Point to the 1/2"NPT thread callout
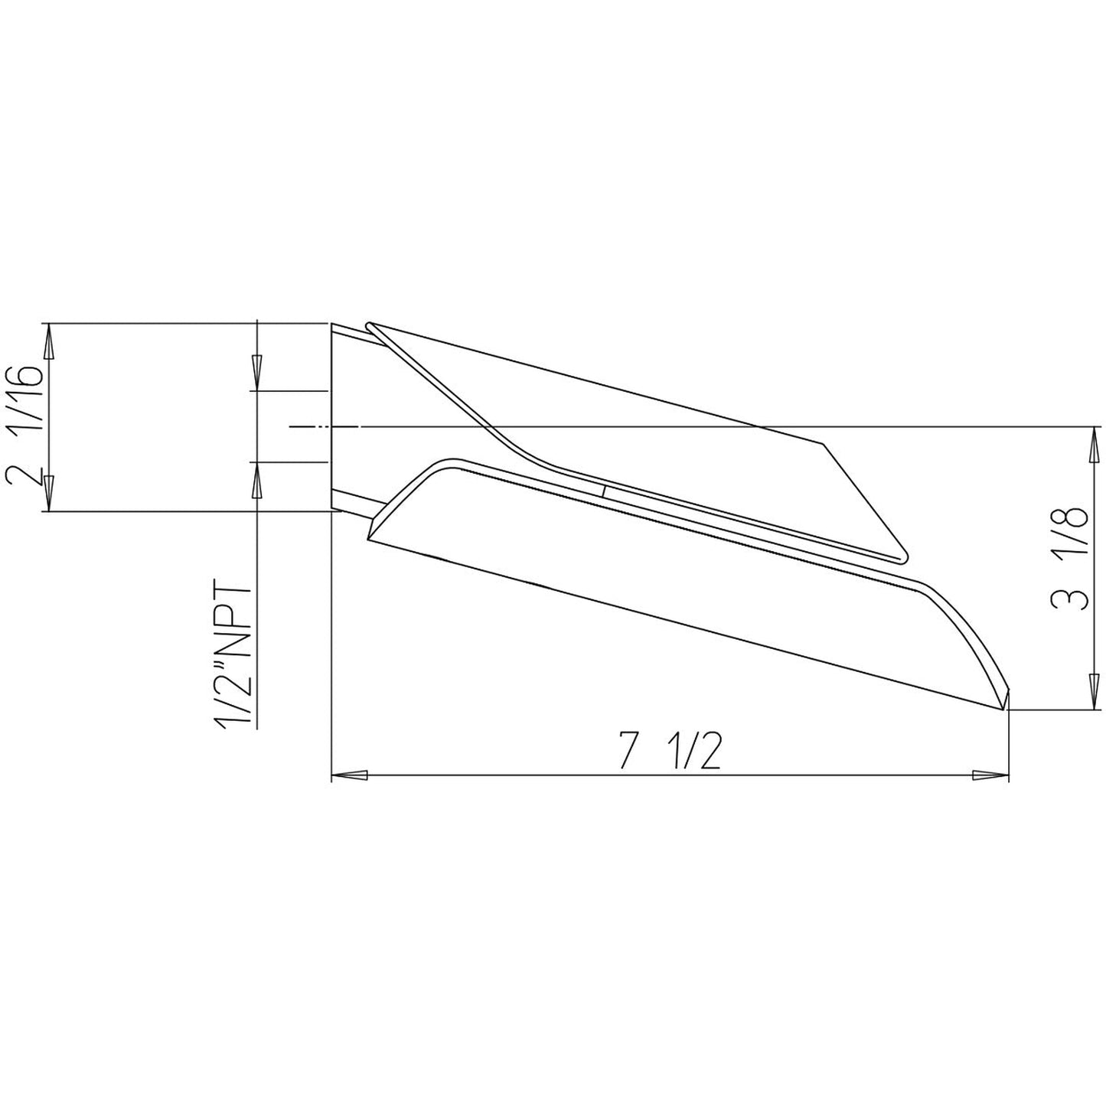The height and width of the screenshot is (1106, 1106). (233, 655)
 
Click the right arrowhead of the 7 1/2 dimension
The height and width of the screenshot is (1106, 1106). (990, 775)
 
